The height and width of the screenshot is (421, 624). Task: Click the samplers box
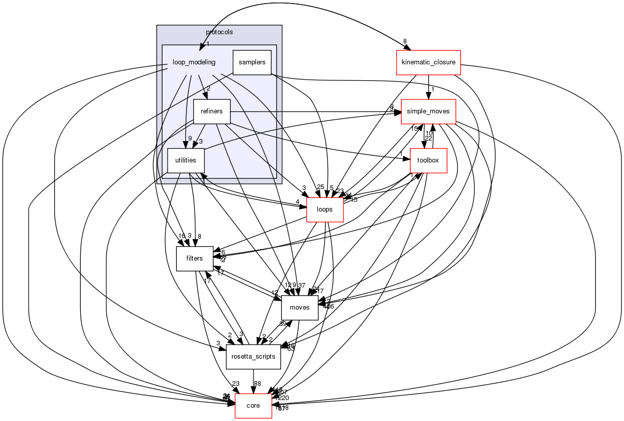(251, 62)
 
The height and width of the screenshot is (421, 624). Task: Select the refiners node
(212, 111)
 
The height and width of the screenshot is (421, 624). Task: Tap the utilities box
(186, 160)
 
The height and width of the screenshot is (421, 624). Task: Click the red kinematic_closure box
(428, 63)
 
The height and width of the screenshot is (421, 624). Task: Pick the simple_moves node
(428, 111)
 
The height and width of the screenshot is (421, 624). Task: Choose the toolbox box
(428, 160)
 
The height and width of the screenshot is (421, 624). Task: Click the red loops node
(325, 209)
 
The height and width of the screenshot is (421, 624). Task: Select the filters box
(194, 259)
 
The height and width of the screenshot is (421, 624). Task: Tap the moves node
(299, 308)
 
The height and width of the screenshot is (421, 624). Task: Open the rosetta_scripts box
(253, 357)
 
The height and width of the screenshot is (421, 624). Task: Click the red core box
(253, 406)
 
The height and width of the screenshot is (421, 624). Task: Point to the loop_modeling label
(194, 62)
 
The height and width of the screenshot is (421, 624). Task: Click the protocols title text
(219, 32)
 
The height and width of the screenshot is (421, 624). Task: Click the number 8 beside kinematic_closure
(404, 41)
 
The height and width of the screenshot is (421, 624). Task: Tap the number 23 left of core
(236, 384)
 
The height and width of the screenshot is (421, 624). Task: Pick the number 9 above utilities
(190, 138)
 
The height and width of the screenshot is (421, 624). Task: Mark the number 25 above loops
(321, 188)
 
